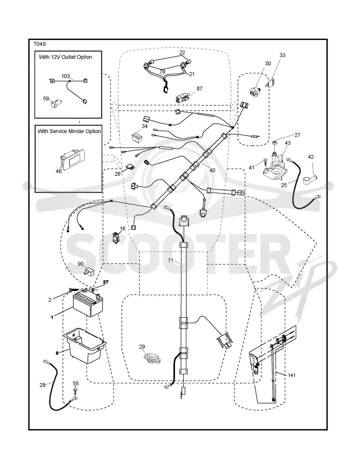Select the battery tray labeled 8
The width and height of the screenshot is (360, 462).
84,346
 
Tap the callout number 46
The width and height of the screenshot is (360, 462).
58,171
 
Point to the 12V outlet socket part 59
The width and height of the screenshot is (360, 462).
55,104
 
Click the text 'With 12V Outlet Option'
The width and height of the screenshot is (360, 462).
65,57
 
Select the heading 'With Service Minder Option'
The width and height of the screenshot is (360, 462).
69,131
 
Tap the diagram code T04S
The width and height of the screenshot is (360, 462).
40,44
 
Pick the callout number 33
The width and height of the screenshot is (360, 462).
283,55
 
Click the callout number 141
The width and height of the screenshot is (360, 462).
291,375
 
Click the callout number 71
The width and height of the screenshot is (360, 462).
171,260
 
